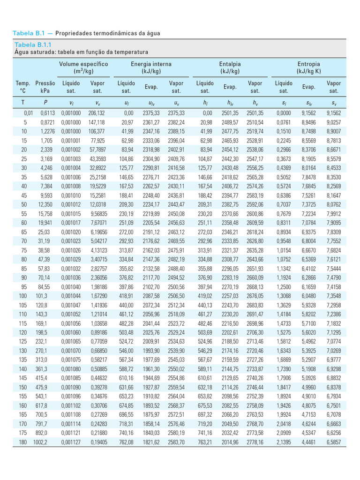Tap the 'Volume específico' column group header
click(83, 64)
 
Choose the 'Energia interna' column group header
click(151, 64)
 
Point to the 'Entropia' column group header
click(308, 64)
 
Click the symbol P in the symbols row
click(46, 102)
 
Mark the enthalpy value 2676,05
click(255, 296)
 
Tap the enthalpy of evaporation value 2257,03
click(230, 296)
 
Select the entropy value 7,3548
click(333, 296)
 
